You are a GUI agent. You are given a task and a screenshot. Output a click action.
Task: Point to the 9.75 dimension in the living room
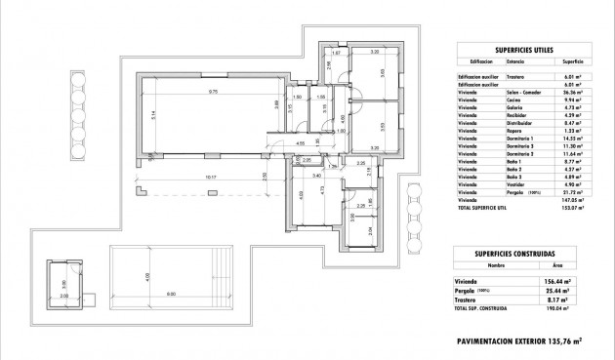point(212,91)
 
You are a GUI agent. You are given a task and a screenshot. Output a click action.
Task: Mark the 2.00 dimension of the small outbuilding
point(64,295)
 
